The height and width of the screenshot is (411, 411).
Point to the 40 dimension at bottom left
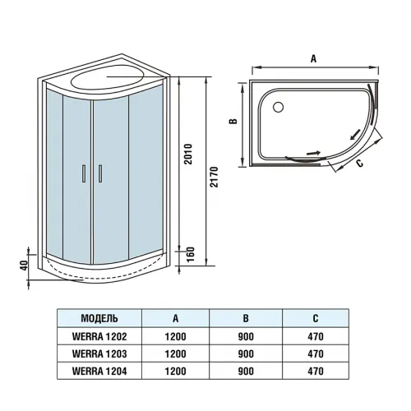(25, 265)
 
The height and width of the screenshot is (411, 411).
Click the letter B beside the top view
(233, 121)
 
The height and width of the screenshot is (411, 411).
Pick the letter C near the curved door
(359, 163)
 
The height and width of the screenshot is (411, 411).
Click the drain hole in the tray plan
(275, 105)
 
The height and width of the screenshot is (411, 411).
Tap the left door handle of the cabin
(82, 173)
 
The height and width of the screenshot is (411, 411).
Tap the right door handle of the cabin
(99, 173)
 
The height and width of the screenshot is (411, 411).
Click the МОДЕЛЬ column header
(99, 318)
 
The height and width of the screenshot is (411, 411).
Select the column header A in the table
(176, 318)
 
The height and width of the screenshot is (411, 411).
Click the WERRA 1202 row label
(99, 336)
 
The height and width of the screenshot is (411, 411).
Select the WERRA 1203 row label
(99, 353)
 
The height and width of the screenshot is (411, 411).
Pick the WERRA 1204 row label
(99, 371)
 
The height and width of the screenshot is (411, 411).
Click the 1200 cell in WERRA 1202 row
(176, 336)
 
